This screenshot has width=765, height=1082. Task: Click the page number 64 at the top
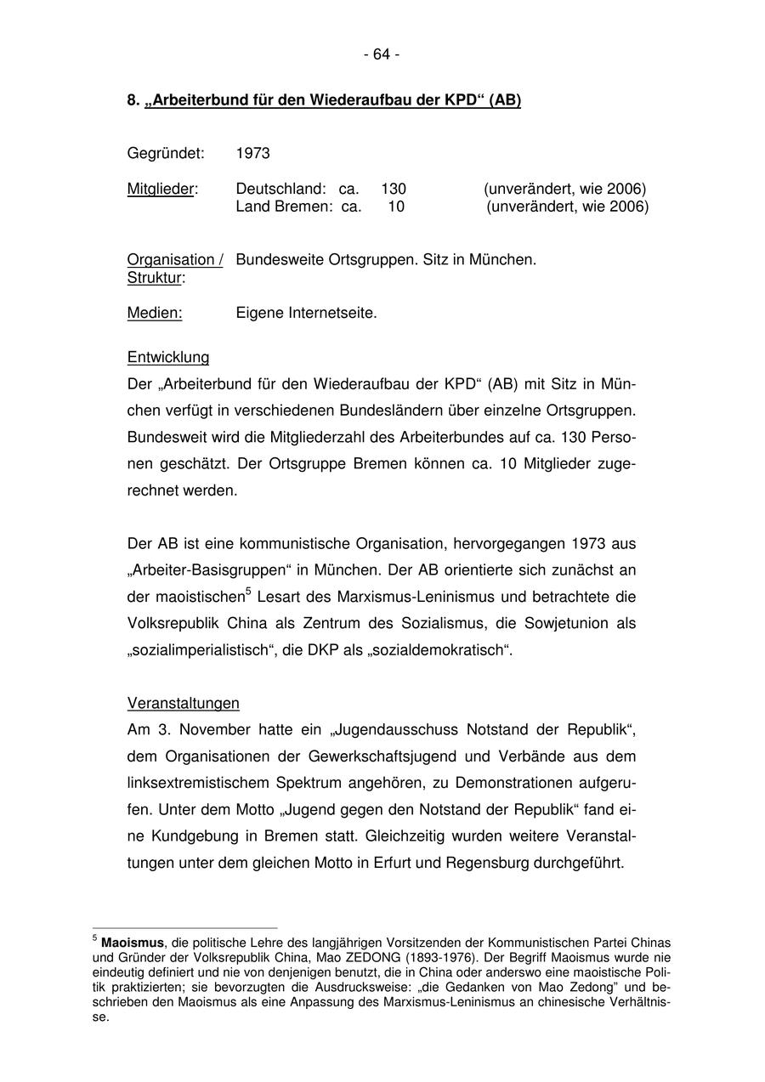(x=382, y=54)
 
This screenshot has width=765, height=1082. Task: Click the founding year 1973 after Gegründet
(x=252, y=153)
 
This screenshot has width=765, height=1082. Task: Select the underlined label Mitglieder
(x=161, y=189)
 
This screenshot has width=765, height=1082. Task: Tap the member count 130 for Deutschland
(x=393, y=189)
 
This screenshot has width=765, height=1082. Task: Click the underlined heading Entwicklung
(x=168, y=358)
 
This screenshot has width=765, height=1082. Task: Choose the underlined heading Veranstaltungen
(x=183, y=704)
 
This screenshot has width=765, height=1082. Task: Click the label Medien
(x=155, y=314)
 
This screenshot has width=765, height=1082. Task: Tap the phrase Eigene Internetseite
(x=306, y=314)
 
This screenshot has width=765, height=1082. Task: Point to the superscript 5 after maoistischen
(x=247, y=592)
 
